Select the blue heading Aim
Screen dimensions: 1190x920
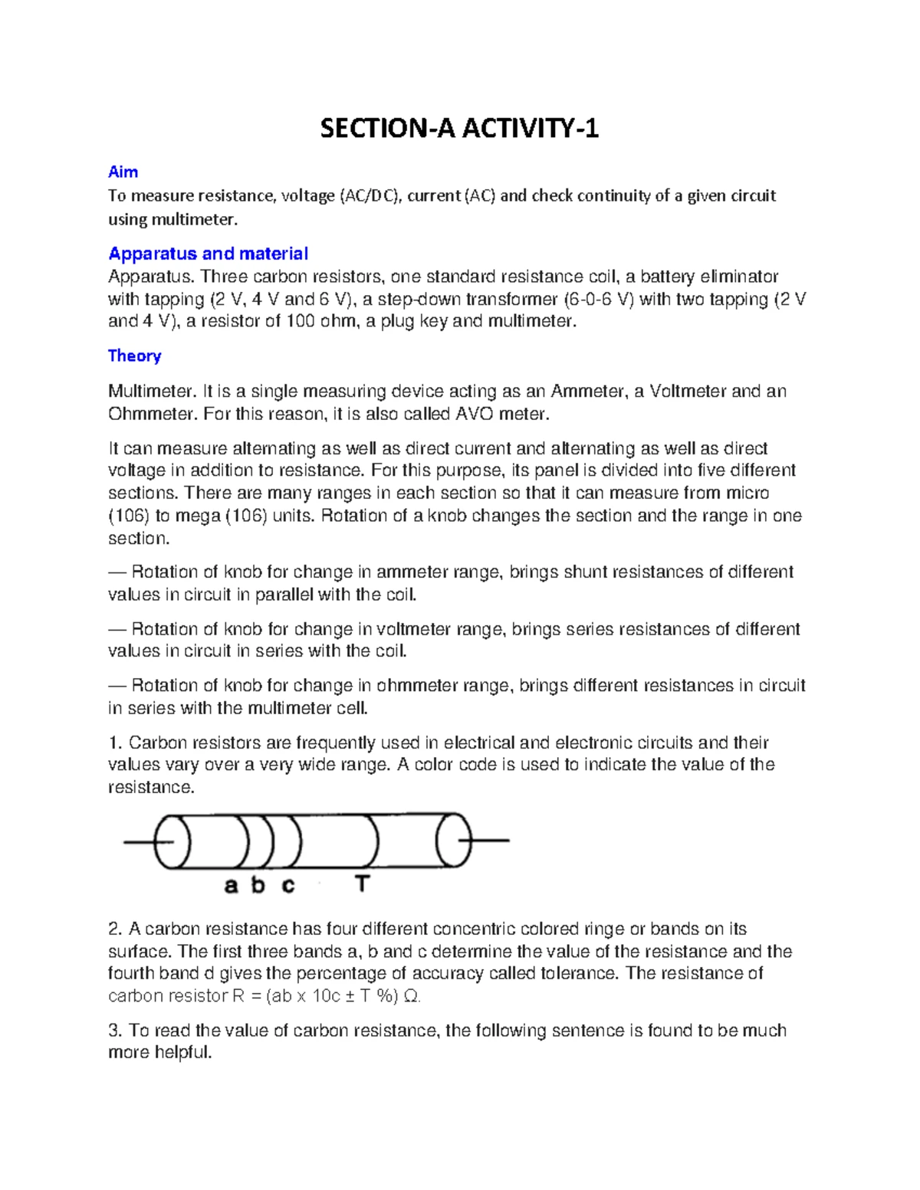[x=123, y=172]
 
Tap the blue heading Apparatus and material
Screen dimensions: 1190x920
[x=208, y=254]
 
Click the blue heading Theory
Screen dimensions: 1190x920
[x=134, y=356]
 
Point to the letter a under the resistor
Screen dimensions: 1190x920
[x=231, y=886]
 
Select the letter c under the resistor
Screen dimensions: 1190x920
[x=287, y=887]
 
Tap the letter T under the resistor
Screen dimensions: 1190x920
[x=362, y=885]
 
